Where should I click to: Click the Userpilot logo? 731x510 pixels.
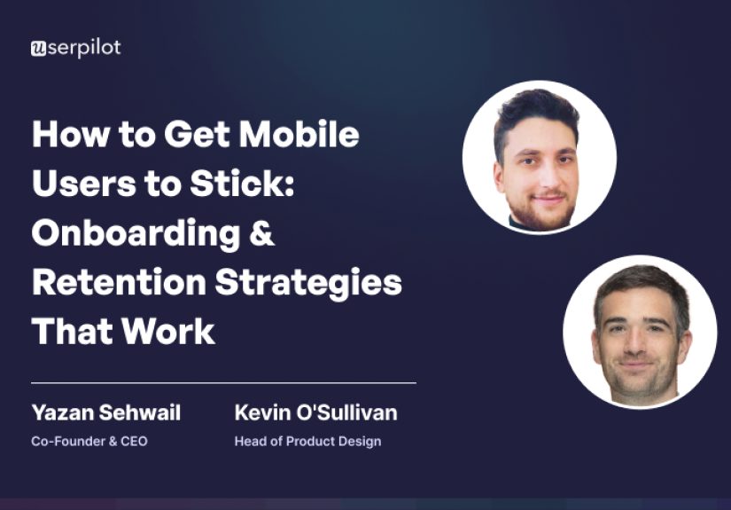(75, 49)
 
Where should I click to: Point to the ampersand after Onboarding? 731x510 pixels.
(262, 234)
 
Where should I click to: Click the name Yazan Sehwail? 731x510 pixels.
(105, 412)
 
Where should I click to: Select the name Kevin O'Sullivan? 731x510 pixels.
(315, 412)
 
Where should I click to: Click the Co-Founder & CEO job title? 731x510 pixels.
(89, 441)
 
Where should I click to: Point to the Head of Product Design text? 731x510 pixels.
(307, 441)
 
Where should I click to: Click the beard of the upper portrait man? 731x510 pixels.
(539, 211)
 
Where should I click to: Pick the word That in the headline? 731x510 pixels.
(72, 331)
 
